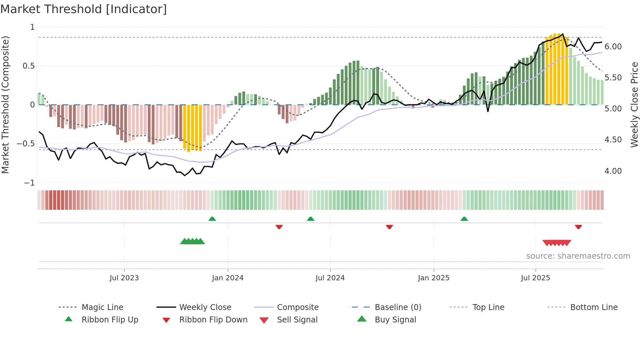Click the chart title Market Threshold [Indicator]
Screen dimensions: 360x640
[x=84, y=9]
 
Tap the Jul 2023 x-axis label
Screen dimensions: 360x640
[x=124, y=278]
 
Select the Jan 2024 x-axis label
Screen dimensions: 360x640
[x=228, y=278]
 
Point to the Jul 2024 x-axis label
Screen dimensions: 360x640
[x=330, y=278]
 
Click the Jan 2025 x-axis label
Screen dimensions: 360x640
[x=434, y=278]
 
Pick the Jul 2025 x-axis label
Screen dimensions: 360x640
[x=536, y=278]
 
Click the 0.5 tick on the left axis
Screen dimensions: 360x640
[x=28, y=66]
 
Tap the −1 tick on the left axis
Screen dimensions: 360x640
[x=29, y=183]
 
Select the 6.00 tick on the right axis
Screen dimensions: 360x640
[x=613, y=47]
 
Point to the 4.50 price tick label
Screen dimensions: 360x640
[x=613, y=140]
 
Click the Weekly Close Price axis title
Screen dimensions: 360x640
[x=634, y=105]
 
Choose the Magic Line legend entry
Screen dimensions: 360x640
[x=102, y=307]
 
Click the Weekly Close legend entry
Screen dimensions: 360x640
[x=205, y=307]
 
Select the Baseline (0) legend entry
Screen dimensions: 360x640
[x=398, y=307]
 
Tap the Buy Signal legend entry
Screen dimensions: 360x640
[x=395, y=320]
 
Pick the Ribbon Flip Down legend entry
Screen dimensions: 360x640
[x=213, y=320]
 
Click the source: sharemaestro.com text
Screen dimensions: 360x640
[x=578, y=256]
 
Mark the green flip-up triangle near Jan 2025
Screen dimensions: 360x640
[x=464, y=219]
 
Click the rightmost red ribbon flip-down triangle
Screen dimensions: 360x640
[x=578, y=227]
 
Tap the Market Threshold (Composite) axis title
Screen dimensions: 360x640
[x=5, y=105]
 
